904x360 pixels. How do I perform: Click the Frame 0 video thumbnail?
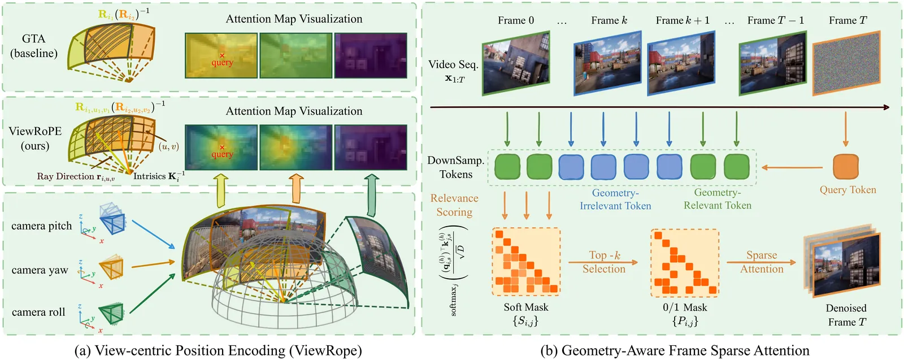[515, 63]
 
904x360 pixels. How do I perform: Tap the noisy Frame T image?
[846, 63]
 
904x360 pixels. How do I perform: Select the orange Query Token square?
[846, 167]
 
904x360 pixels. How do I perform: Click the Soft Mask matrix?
[526, 262]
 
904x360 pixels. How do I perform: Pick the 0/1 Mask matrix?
[685, 262]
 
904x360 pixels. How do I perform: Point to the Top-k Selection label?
[604, 262]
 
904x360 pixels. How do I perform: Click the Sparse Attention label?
[762, 262]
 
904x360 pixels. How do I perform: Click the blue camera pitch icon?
[113, 219]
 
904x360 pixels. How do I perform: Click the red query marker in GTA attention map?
[221, 55]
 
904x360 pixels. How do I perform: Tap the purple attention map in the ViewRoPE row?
[371, 148]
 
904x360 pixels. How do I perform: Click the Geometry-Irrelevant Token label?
[615, 199]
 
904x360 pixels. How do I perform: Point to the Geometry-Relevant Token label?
[718, 199]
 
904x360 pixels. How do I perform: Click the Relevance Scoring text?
[454, 205]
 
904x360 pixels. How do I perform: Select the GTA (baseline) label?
[34, 46]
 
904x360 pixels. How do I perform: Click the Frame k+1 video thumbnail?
[681, 63]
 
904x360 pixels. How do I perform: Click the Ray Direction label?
[76, 176]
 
